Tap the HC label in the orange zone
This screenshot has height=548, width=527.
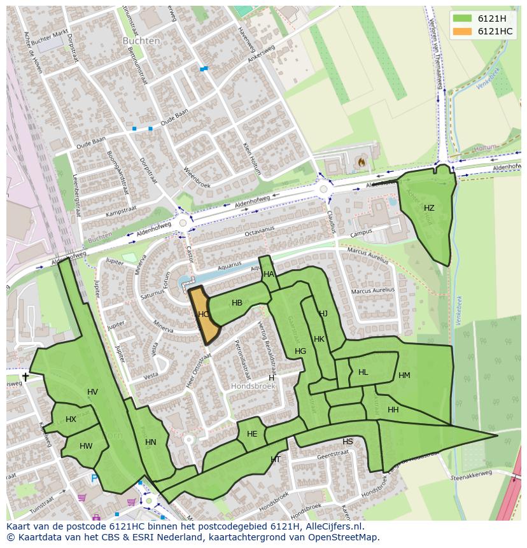[204, 314]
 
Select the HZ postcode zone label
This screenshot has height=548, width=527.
[429, 208]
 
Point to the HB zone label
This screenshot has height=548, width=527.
[237, 303]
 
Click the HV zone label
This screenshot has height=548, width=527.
[92, 392]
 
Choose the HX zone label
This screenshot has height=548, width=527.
[71, 419]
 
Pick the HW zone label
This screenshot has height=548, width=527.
[86, 446]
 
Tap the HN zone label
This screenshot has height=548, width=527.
[150, 442]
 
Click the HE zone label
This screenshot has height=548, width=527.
[252, 434]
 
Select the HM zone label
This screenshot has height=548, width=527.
[404, 376]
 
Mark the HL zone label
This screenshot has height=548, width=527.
[363, 372]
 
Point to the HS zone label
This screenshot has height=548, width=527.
[348, 442]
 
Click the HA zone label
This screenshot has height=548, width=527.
[269, 274]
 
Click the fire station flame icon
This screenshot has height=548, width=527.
[362, 162]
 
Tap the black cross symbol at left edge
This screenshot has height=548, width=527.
[25, 377]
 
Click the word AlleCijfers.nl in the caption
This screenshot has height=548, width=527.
[334, 526]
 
